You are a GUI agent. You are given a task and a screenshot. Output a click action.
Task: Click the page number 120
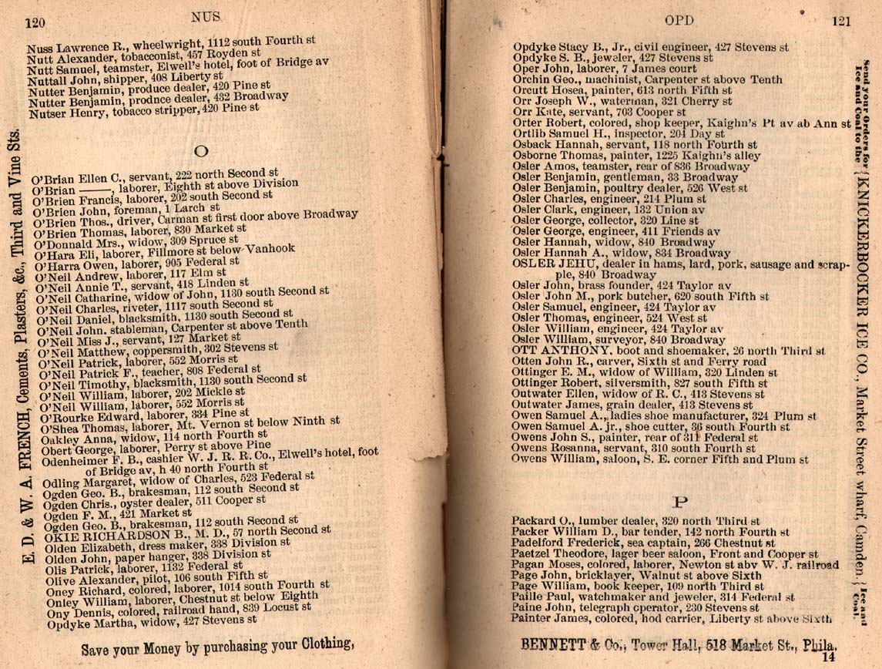(x=35, y=23)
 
